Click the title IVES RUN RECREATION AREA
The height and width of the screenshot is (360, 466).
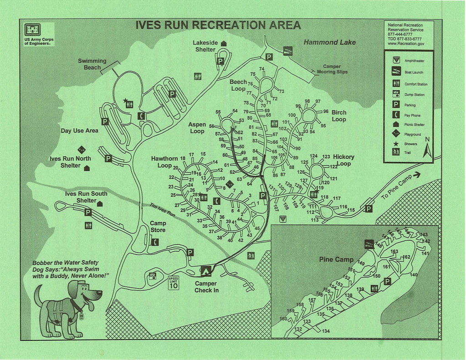tap(218, 25)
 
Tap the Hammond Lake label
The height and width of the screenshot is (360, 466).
tap(330, 42)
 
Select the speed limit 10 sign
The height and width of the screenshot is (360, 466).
tap(174, 282)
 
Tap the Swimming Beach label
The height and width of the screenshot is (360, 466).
tap(92, 64)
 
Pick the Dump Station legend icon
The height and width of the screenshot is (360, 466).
tap(395, 94)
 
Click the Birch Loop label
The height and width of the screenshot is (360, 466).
tap(338, 116)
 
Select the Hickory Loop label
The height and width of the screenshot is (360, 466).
tap(343, 160)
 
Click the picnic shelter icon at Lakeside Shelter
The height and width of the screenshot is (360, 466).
tap(224, 43)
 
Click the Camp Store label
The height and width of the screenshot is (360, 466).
tap(158, 227)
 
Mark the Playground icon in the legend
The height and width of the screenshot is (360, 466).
tap(395, 134)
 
